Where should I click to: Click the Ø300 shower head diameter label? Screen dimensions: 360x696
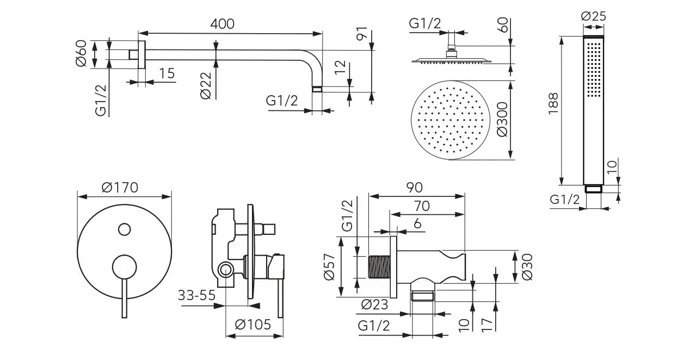click(x=502, y=120)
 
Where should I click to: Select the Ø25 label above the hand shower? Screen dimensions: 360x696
click(x=594, y=16)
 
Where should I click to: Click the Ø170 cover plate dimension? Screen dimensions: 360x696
click(x=120, y=188)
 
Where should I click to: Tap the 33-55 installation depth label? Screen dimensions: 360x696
click(x=196, y=295)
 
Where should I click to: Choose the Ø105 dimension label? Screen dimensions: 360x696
click(x=252, y=325)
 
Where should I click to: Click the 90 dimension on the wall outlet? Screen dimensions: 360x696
click(x=414, y=188)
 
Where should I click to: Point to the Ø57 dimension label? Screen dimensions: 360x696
click(x=328, y=267)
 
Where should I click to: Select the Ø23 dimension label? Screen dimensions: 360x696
click(x=374, y=305)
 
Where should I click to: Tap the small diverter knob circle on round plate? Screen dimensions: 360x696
click(x=125, y=229)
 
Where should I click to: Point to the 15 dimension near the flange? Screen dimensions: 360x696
click(x=167, y=73)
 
